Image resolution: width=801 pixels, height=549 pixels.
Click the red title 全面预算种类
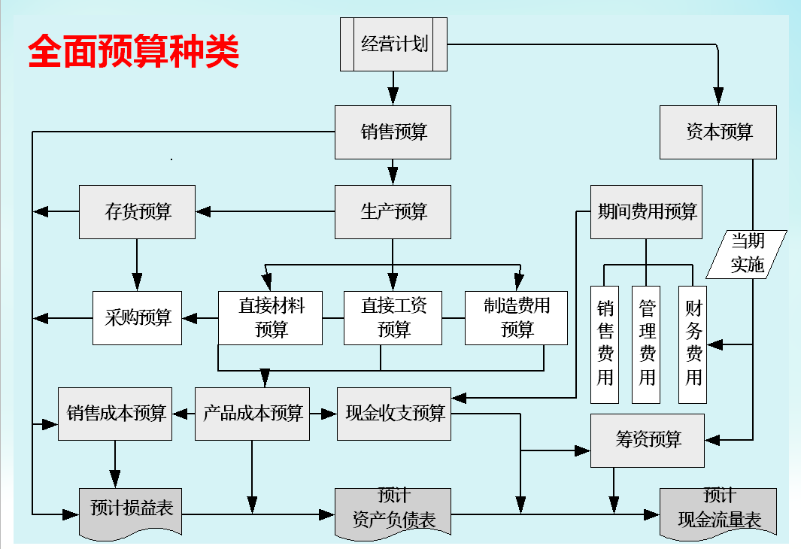[134, 52]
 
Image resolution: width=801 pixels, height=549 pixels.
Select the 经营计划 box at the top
[393, 44]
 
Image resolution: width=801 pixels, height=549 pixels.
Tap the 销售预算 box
[393, 132]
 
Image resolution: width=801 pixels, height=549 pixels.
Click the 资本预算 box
[718, 132]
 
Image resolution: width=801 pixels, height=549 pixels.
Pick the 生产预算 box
[393, 212]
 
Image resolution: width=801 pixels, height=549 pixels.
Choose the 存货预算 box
[138, 212]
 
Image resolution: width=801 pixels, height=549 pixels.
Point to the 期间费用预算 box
[646, 212]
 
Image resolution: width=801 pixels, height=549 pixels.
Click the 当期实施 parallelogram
[747, 253]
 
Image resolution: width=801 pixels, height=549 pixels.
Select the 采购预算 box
[138, 318]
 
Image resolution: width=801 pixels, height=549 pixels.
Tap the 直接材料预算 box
[270, 318]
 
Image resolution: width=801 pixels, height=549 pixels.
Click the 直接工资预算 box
[393, 318]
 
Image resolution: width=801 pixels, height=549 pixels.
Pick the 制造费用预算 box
[516, 318]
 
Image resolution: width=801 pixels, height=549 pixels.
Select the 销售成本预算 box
[116, 414]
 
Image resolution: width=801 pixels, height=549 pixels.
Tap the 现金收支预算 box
[394, 414]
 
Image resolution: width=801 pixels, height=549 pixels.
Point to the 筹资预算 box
[648, 440]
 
